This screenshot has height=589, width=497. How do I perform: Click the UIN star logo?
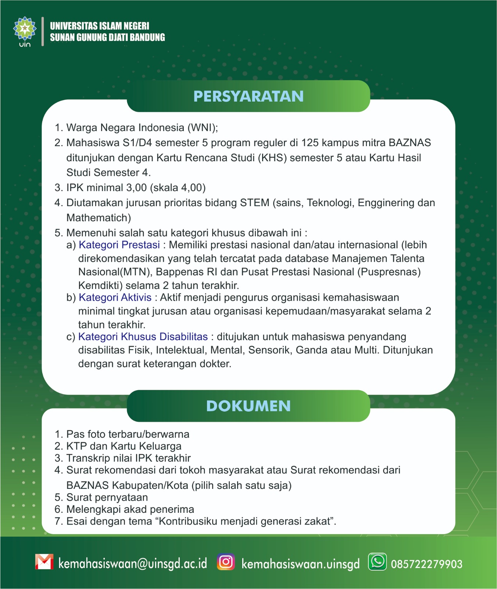pyautogui.click(x=25, y=28)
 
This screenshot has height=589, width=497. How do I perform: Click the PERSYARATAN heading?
pyautogui.click(x=248, y=96)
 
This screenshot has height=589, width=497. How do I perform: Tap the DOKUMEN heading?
pyautogui.click(x=248, y=406)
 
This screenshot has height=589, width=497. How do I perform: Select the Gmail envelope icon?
pyautogui.click(x=44, y=562)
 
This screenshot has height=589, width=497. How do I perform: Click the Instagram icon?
pyautogui.click(x=226, y=562)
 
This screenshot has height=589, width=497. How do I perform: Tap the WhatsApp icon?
pyautogui.click(x=378, y=562)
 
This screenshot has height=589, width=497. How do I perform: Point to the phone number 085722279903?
pyautogui.click(x=426, y=564)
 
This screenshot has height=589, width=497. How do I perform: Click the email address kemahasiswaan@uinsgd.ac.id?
pyautogui.click(x=133, y=564)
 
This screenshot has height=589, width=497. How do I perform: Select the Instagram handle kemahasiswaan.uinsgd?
pyautogui.click(x=300, y=564)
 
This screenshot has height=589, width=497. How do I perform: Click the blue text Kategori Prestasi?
pyautogui.click(x=119, y=245)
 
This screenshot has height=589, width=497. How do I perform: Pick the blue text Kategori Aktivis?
pyautogui.click(x=115, y=297)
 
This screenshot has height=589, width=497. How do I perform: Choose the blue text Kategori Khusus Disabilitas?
pyautogui.click(x=143, y=336)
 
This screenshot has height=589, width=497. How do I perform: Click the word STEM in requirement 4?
pyautogui.click(x=255, y=203)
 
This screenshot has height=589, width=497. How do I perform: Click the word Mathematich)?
pyautogui.click(x=99, y=218)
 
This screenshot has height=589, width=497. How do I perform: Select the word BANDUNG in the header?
pyautogui.click(x=147, y=37)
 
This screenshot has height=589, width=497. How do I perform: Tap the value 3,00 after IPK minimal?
pyautogui.click(x=136, y=188)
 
